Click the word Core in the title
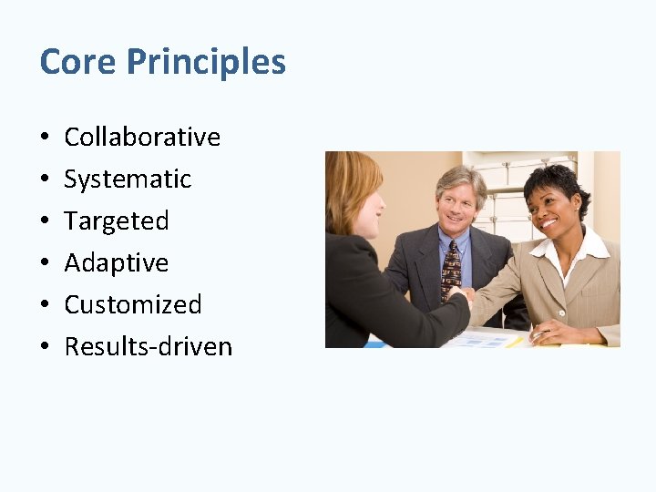coord(78,62)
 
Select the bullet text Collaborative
coord(142,137)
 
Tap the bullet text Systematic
coord(128,179)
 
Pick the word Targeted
coord(117,220)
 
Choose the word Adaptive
coord(117,262)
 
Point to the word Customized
coord(133,304)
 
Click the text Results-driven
coord(149,346)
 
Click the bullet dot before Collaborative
coord(45,138)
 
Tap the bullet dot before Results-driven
coord(45,347)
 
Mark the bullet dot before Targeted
coord(45,221)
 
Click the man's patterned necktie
coord(451,270)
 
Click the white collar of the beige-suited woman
coord(569,251)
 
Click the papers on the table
coord(483,338)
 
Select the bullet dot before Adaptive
coord(45,263)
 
